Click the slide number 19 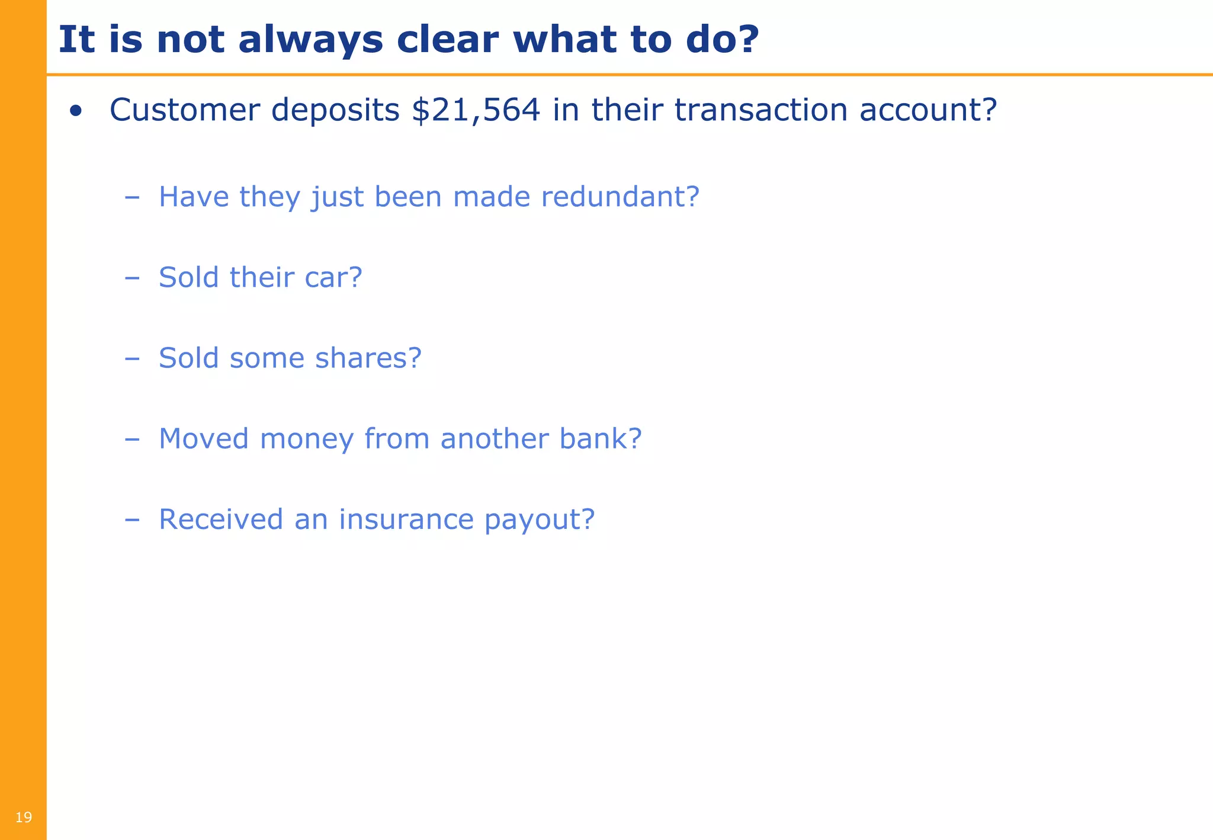coord(23,818)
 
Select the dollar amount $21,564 coord(476,111)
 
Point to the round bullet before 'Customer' coord(75,111)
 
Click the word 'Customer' coord(184,110)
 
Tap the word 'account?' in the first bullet coord(928,110)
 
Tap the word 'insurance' coord(406,520)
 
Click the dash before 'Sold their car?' coord(132,277)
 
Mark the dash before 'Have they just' coord(132,197)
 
